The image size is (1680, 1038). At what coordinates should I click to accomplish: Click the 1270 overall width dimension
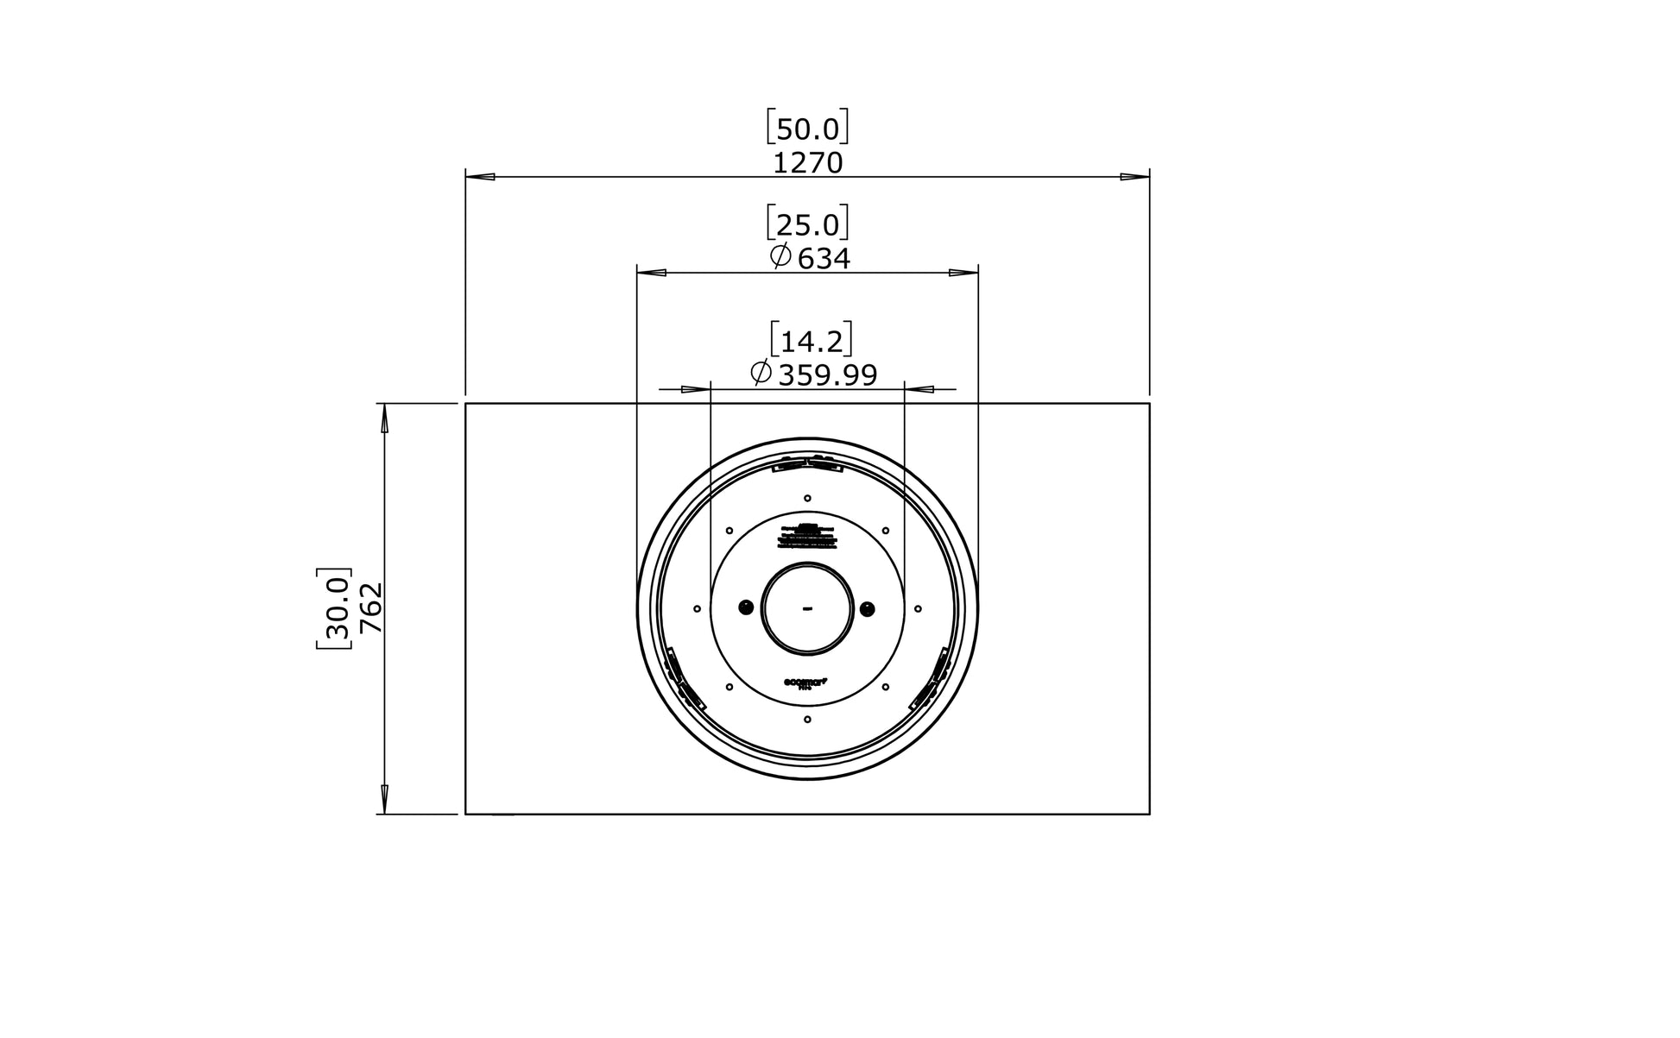807,163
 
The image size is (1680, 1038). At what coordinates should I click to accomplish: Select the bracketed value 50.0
807,129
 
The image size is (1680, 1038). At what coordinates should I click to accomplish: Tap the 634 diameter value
824,258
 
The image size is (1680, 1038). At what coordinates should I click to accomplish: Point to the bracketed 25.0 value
807,225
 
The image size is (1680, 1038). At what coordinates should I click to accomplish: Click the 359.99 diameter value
828,375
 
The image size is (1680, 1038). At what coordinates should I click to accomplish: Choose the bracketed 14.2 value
811,342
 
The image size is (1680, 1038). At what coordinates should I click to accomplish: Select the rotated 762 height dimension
370,608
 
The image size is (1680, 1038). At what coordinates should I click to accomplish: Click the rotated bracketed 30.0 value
335,608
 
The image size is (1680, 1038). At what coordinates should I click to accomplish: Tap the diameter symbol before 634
780,256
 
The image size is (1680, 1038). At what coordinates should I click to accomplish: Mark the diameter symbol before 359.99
761,374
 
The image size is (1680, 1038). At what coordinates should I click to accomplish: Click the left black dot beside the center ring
746,608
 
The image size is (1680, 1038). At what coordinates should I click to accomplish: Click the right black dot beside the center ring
868,609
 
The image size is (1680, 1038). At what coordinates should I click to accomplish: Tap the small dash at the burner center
807,609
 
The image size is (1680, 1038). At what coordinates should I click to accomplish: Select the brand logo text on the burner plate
805,683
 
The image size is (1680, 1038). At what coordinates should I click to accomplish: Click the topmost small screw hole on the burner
807,498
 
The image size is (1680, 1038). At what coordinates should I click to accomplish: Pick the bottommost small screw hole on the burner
807,719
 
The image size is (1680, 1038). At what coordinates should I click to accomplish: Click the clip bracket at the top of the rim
807,464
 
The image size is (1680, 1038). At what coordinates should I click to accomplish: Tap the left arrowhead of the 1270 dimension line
480,177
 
